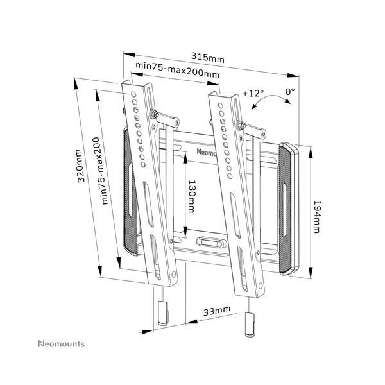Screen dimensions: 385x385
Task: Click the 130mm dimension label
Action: point(191,198)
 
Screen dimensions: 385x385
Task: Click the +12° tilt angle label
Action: point(253,94)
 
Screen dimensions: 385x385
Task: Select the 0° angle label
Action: point(290,92)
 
